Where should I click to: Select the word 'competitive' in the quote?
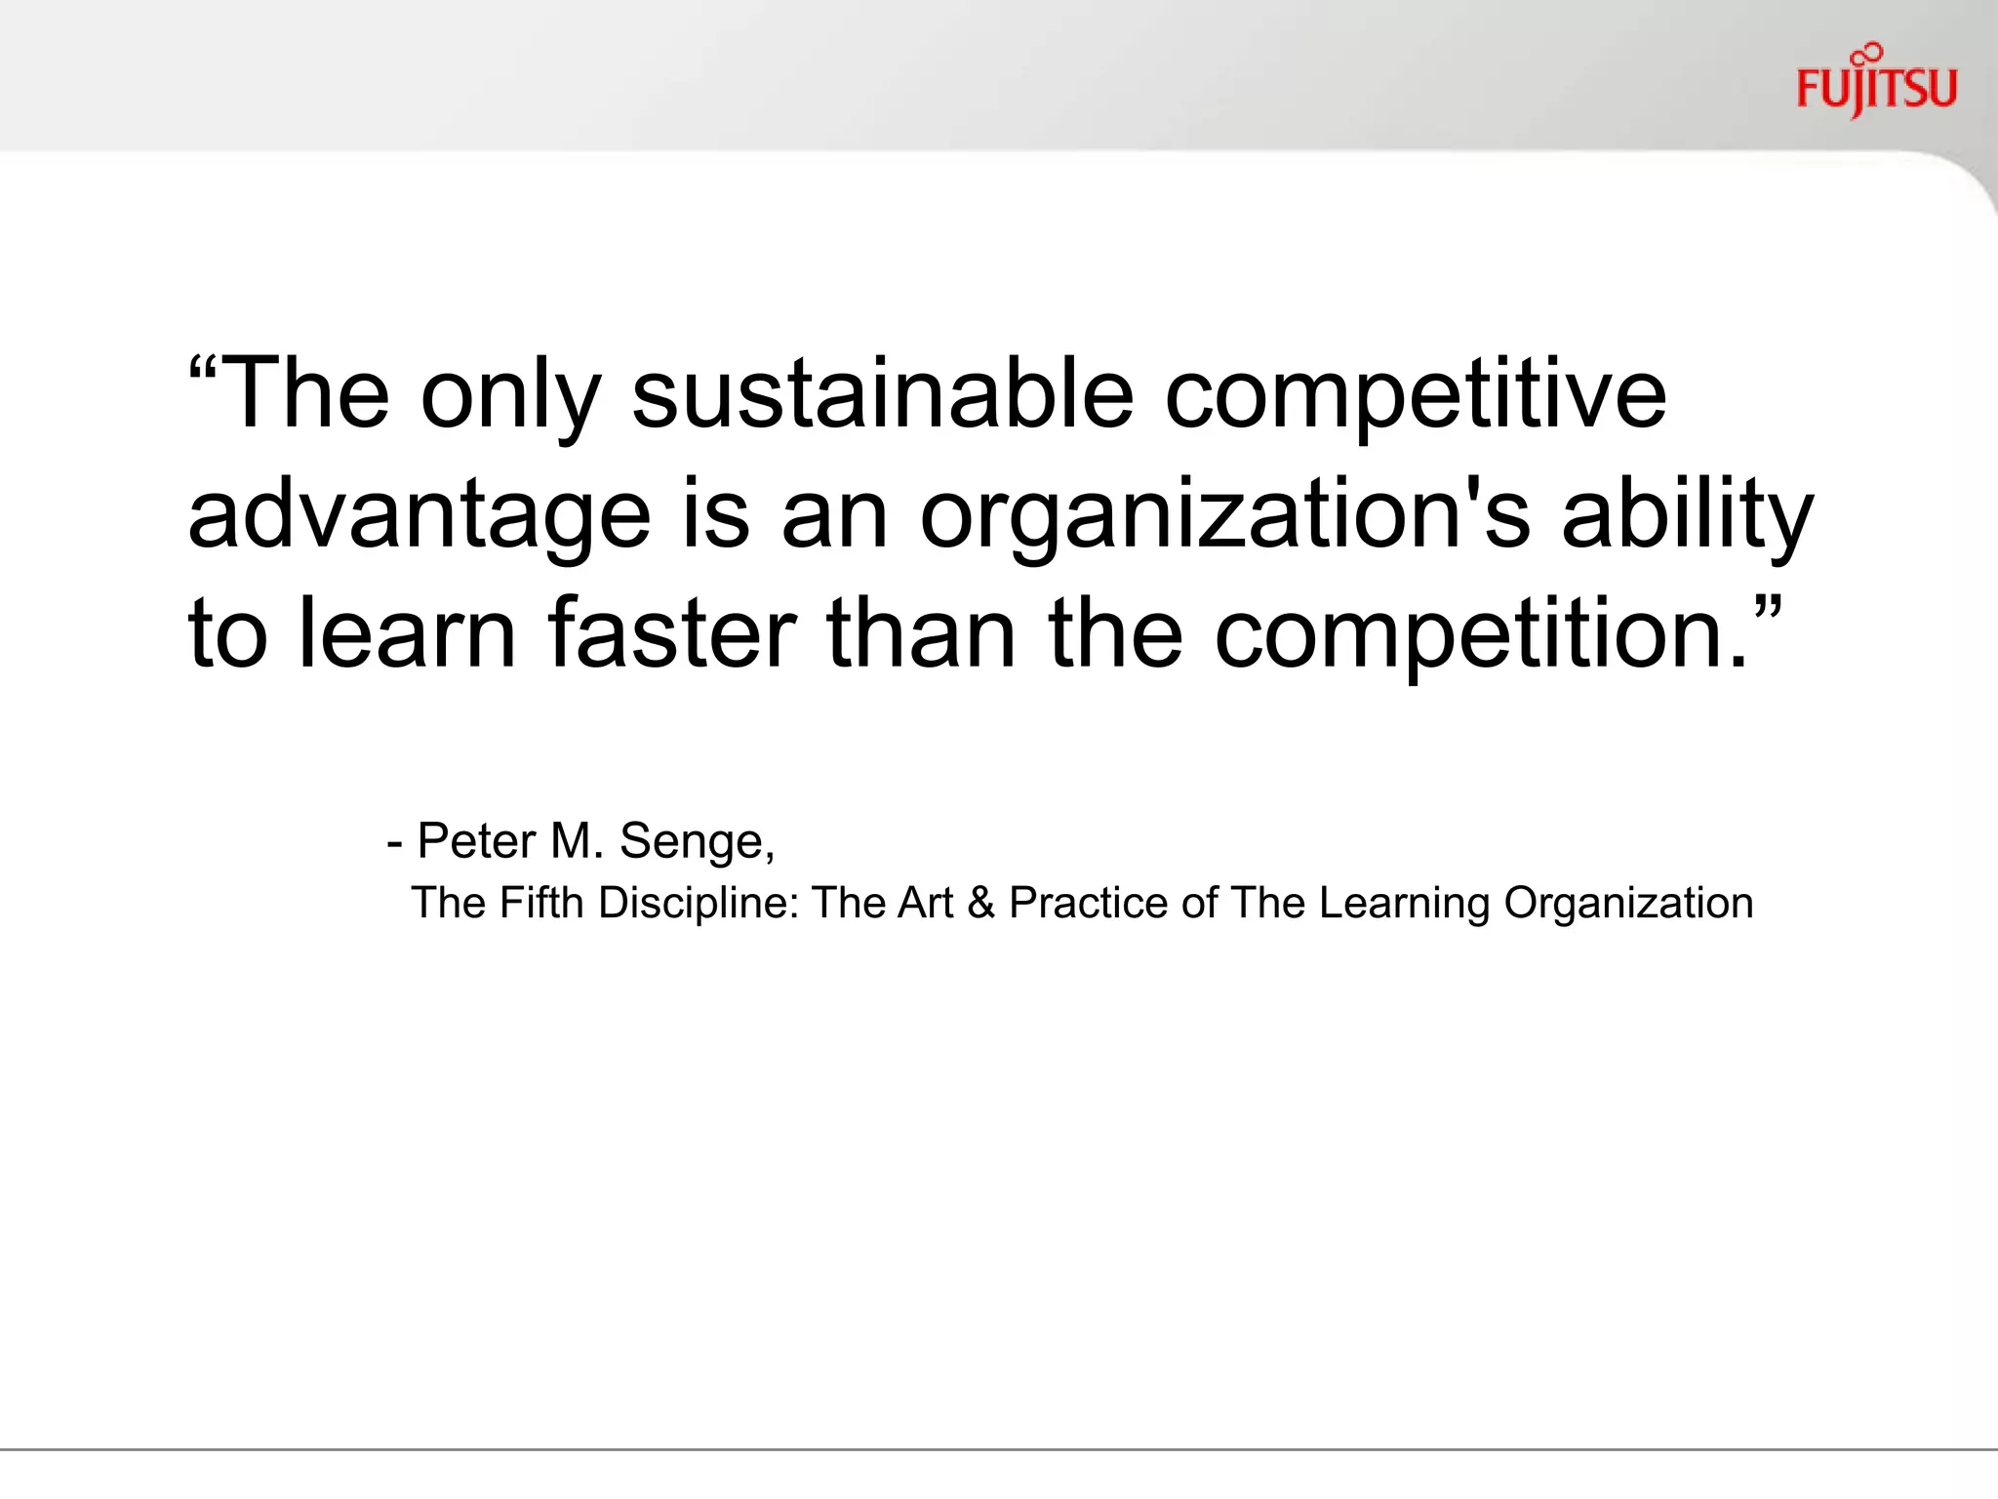(1416, 395)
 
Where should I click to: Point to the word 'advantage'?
(419, 514)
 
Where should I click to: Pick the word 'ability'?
(1687, 514)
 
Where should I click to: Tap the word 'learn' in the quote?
(407, 633)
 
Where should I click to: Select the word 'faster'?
(672, 633)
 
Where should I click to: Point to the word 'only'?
(510, 395)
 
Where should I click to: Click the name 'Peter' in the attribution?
(477, 840)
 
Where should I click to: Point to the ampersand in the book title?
(981, 903)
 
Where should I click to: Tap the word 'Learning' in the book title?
(1404, 904)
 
